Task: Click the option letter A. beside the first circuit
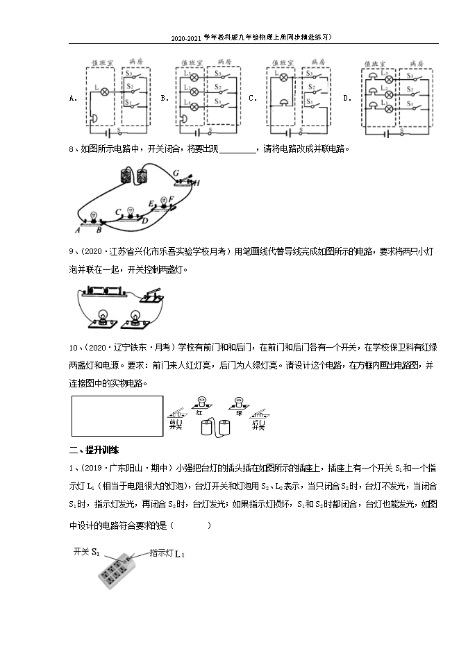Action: point(72,99)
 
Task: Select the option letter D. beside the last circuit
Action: point(347,99)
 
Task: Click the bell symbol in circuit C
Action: point(283,103)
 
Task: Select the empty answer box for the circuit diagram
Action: point(117,416)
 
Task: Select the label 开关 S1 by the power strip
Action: point(87,553)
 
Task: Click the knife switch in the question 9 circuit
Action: point(151,296)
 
